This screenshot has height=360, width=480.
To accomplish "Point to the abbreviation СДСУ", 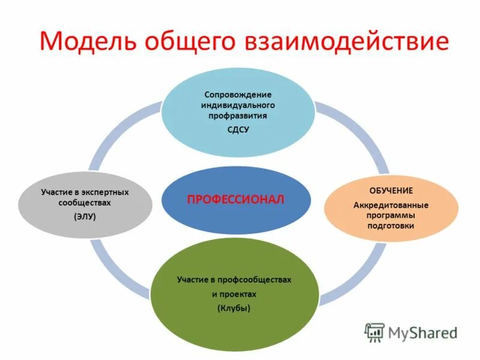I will [238, 130].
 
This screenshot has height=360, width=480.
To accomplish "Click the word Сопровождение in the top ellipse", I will [238, 94].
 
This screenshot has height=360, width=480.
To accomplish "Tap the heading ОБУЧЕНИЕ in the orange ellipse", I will [391, 190].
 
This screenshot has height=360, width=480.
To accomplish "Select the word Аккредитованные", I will [391, 205].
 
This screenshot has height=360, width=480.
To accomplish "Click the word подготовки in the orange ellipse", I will [391, 226].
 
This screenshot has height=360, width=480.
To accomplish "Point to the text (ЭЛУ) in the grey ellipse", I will [85, 217].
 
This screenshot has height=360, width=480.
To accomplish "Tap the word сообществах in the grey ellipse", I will [85, 203].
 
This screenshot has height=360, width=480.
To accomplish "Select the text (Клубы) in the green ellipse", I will [233, 308].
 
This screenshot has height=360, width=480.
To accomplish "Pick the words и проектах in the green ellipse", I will [233, 295].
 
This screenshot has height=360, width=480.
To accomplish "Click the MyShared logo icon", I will [375, 332].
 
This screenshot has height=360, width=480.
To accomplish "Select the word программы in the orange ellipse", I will [391, 215].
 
